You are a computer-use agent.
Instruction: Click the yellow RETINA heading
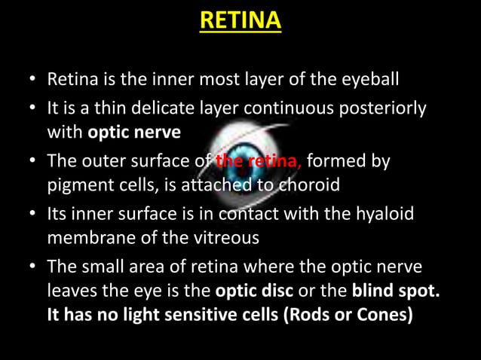240,20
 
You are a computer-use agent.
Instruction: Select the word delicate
158,108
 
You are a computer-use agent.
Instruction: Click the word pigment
75,184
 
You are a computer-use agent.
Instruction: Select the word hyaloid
386,214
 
